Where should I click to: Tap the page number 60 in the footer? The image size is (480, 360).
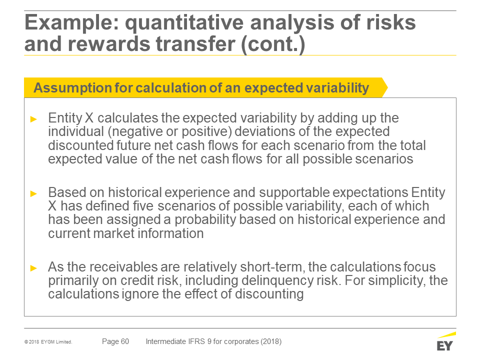point(125,341)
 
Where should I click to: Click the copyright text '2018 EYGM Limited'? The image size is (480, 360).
point(50,342)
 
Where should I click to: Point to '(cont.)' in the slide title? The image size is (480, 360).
point(273,44)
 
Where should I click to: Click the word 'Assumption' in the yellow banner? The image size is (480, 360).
point(72,88)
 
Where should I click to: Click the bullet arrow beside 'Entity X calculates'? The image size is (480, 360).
point(33,119)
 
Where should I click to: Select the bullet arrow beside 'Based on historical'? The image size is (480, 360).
point(33,193)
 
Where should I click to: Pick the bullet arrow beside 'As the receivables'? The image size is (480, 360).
point(33,268)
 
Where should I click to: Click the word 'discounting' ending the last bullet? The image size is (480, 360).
point(269,294)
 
